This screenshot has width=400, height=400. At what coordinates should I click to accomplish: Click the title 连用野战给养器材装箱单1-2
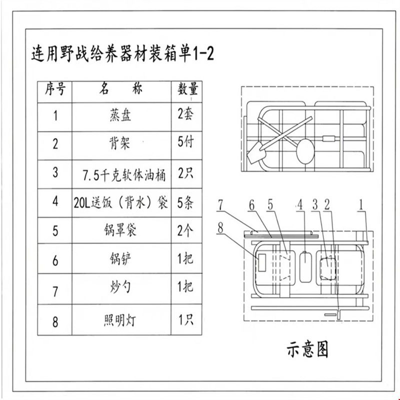(x=122, y=53)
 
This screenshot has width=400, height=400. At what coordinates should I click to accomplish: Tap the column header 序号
(x=55, y=89)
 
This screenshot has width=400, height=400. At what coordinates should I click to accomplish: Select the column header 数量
(x=187, y=89)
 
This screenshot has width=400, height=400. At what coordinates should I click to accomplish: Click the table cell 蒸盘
(x=120, y=115)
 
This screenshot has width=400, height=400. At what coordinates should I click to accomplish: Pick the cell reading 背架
(x=120, y=143)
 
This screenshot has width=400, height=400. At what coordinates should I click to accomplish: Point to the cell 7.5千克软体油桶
(x=124, y=174)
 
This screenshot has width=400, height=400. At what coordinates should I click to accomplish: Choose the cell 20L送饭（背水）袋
(x=121, y=203)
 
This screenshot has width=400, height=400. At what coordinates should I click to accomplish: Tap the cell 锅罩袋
(x=120, y=230)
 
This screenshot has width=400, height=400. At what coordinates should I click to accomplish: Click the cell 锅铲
(x=120, y=259)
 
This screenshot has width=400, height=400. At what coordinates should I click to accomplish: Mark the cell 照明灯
(x=120, y=320)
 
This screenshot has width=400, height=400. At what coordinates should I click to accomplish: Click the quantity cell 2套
(x=185, y=114)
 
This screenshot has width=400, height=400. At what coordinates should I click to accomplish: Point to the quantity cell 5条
(x=185, y=203)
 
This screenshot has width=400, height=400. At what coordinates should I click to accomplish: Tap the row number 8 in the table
(x=55, y=322)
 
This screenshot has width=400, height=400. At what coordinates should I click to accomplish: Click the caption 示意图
(x=307, y=349)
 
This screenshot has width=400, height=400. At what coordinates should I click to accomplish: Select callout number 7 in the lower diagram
(x=220, y=205)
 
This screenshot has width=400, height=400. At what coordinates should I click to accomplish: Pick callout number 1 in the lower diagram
(x=360, y=204)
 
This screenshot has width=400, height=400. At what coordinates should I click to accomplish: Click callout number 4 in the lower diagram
(x=300, y=204)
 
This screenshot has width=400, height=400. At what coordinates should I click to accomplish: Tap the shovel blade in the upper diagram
(x=256, y=152)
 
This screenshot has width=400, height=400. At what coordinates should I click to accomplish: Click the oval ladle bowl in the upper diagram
(x=305, y=151)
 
